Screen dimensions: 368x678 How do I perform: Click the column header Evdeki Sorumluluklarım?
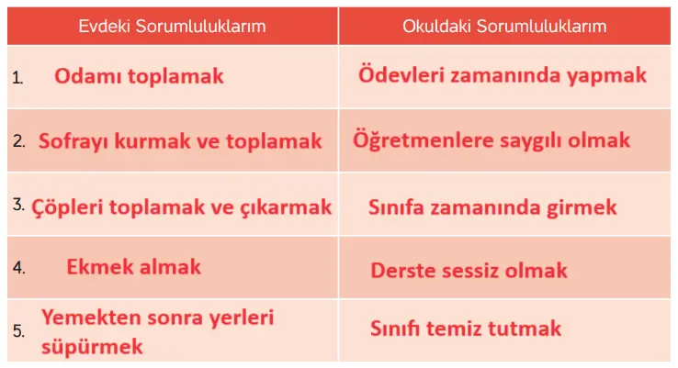pos(172,26)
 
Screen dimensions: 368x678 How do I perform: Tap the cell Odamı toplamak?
pos(139,76)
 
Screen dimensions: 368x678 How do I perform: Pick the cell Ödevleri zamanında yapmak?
pos(503,75)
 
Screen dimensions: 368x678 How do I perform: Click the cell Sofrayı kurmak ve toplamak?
pos(180,142)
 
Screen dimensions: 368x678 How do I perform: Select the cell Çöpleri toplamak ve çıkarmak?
pos(182,206)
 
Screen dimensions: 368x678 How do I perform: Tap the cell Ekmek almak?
pos(133,268)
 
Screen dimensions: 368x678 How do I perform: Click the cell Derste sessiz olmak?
pos(469,271)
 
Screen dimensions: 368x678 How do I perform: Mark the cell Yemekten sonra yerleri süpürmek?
pos(157,332)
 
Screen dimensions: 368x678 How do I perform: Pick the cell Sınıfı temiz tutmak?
pos(466,328)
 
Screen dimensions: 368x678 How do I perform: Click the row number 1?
pos(17,78)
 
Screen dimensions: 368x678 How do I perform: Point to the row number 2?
pos(18,142)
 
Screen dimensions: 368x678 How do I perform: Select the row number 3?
pos(18,205)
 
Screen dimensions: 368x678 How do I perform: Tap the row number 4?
pos(18,269)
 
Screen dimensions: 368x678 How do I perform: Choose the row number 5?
pos(18,330)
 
